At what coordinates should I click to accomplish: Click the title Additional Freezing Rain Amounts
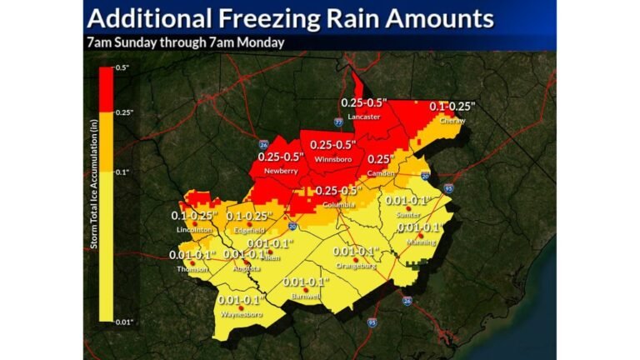291,18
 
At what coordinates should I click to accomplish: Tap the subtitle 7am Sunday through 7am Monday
186,42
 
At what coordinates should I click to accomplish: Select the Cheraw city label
452,120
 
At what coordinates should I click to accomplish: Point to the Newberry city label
281,171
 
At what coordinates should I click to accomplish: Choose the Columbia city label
333,203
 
